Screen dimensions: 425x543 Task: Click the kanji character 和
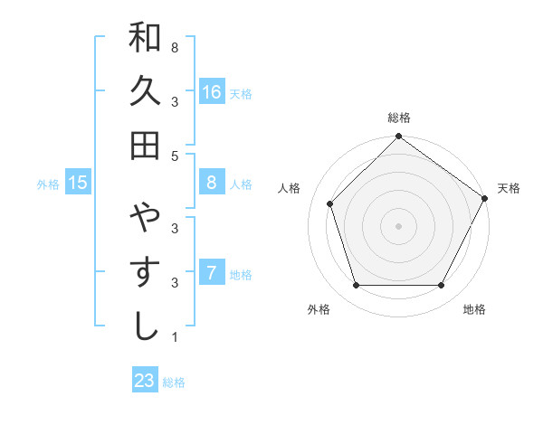145,38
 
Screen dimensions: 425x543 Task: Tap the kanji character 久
145,91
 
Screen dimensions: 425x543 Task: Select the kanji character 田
145,145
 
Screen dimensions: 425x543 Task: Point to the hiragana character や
145,218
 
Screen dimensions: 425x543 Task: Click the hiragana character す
145,272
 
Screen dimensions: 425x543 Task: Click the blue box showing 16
211,92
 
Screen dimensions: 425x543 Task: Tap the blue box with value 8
211,183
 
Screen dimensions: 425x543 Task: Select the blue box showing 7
211,273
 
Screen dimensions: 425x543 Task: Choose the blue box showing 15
78,183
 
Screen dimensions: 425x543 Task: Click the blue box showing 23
145,381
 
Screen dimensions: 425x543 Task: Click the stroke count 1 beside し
174,337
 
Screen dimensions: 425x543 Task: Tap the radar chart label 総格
398,118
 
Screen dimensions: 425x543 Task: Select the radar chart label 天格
509,188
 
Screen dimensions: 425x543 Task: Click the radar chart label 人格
290,188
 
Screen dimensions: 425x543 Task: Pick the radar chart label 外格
319,309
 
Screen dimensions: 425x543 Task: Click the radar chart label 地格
474,309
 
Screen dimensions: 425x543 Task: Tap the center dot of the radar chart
398,225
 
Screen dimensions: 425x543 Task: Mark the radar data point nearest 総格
398,138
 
